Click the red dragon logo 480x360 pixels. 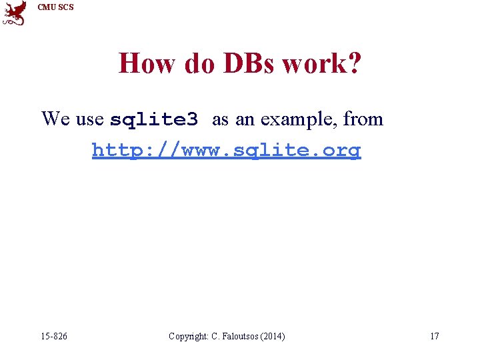point(15,13)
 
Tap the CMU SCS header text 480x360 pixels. point(56,7)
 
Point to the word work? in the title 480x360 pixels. point(321,64)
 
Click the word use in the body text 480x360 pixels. point(90,119)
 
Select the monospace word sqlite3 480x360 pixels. point(154,120)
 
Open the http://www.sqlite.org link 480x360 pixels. point(226,150)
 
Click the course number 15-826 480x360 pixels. point(54,336)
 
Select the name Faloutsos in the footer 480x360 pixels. point(239,336)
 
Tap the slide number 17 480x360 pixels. point(434,336)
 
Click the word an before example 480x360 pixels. point(243,119)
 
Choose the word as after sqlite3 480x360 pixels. point(220,119)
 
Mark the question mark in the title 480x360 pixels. point(354,64)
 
